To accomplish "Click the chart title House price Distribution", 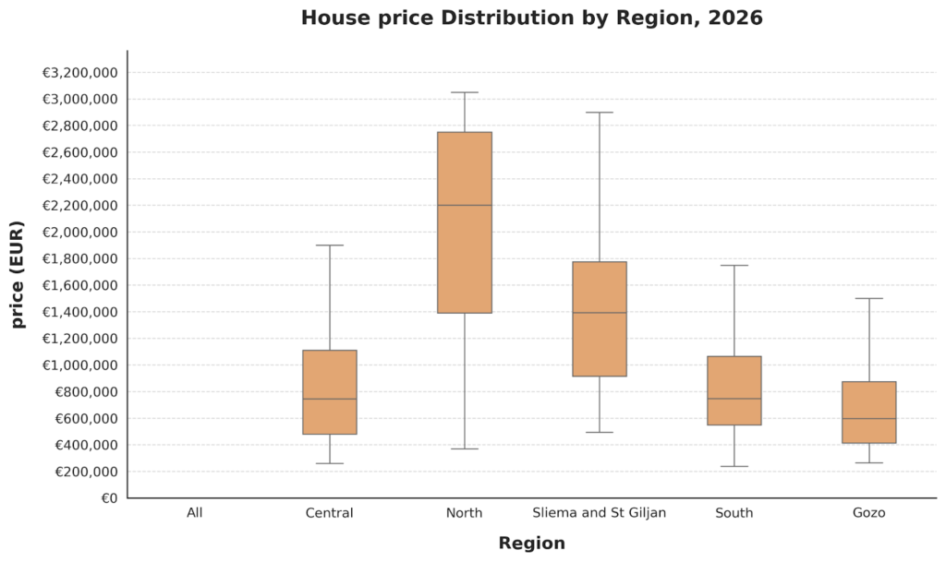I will click(x=531, y=18).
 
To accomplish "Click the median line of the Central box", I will click(x=330, y=399).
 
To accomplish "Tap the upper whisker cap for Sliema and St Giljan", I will click(x=600, y=113).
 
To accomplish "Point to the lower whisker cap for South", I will click(x=734, y=466).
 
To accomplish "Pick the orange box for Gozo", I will click(x=869, y=413).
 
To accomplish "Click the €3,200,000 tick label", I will click(x=80, y=73).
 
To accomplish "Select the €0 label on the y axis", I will click(x=109, y=498).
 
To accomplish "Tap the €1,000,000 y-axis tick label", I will click(x=80, y=365).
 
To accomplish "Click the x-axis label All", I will click(x=195, y=513).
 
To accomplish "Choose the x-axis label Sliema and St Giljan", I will click(x=600, y=513).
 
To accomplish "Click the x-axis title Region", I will click(x=531, y=544).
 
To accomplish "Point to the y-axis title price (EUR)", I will click(x=18, y=275).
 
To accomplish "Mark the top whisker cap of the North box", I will click(x=465, y=92).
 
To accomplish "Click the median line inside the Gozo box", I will click(x=869, y=419).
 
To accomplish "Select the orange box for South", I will click(x=734, y=390).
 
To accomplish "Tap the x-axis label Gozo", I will click(x=869, y=513).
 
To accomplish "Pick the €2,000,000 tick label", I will click(x=80, y=233).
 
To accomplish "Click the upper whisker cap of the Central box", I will click(x=330, y=245).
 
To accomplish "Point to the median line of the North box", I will click(x=465, y=205).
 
